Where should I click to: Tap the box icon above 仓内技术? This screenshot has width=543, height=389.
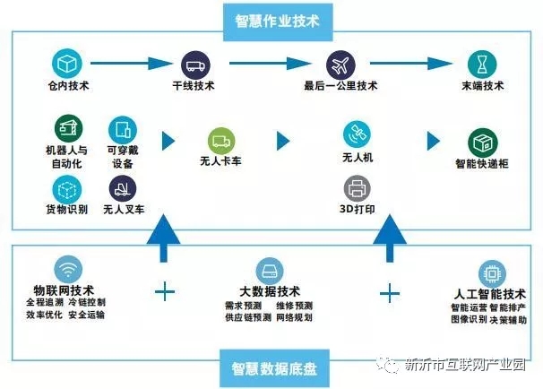[66, 64]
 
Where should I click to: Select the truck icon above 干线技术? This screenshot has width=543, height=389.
[195, 64]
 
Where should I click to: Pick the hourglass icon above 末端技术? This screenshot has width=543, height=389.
[482, 64]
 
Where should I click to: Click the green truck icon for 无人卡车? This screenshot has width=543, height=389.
[221, 142]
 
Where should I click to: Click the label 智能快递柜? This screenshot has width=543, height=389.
[482, 164]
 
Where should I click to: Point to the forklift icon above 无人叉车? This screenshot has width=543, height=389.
[122, 188]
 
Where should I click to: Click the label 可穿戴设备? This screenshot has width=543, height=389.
[123, 157]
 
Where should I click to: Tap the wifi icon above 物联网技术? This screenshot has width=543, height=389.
[65, 269]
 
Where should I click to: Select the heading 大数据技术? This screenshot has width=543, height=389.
[270, 291]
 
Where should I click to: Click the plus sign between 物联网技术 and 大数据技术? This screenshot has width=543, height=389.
[165, 291]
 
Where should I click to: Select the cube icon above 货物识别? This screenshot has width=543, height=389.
[66, 189]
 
